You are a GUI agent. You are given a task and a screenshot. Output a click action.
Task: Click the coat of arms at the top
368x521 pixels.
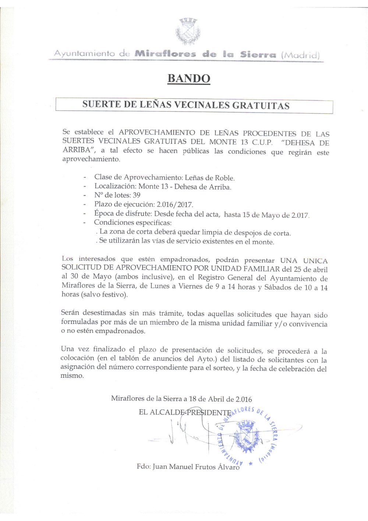(188, 31)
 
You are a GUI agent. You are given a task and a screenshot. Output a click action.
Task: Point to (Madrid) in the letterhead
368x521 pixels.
(300, 55)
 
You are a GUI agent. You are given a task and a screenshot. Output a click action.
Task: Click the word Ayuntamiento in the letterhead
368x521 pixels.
(84, 53)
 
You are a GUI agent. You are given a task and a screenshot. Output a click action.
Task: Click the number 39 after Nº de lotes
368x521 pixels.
(137, 195)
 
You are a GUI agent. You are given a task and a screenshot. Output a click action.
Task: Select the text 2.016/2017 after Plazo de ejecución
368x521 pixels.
(175, 204)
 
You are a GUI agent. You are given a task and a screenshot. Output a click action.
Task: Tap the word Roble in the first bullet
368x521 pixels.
(224, 178)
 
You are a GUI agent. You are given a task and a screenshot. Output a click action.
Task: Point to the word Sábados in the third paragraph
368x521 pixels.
(277, 287)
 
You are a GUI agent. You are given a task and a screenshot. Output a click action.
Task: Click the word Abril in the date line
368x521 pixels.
(216, 399)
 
